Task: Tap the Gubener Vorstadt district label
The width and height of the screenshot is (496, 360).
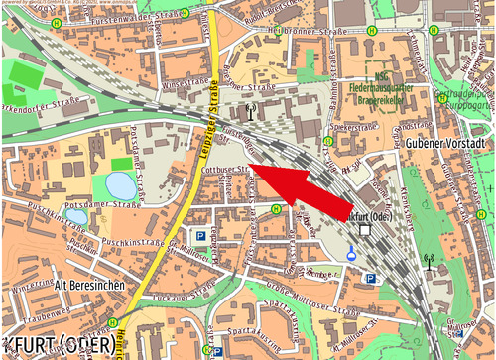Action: (x=444, y=145)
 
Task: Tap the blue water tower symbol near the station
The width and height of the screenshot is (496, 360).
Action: (x=351, y=255)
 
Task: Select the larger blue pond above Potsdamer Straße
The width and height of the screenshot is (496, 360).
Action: (x=118, y=184)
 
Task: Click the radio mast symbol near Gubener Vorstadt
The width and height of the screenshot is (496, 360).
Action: (x=430, y=264)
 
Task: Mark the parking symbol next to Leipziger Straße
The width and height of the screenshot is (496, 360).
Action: (x=201, y=237)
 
